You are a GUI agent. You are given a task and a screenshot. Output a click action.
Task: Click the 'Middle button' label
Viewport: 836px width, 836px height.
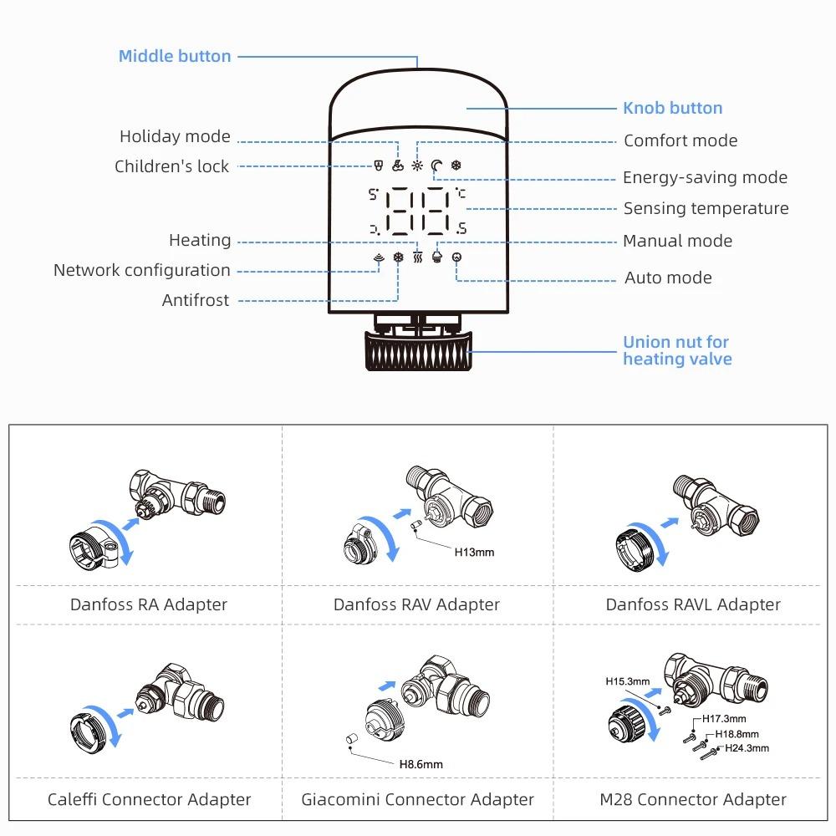pyautogui.click(x=175, y=57)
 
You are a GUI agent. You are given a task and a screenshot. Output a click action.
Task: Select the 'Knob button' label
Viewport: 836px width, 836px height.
pyautogui.click(x=672, y=108)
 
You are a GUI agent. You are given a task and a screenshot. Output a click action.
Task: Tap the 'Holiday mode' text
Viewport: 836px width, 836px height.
pyautogui.click(x=175, y=136)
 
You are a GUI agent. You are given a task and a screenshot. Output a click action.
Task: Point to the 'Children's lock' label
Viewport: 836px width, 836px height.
pyautogui.click(x=171, y=166)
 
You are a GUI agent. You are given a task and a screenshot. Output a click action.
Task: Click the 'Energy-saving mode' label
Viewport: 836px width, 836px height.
pyautogui.click(x=705, y=177)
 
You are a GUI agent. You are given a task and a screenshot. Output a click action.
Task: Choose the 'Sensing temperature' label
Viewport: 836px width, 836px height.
pyautogui.click(x=706, y=208)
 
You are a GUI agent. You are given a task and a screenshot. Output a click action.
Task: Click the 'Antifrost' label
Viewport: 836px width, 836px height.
pyautogui.click(x=196, y=300)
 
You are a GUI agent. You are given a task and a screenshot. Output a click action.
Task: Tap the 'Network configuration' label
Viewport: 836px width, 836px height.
pyautogui.click(x=142, y=270)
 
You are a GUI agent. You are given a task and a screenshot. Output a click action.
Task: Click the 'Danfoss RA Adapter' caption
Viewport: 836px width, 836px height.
pyautogui.click(x=149, y=604)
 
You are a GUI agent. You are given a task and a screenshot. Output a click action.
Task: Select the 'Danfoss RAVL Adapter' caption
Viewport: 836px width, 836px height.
pyautogui.click(x=693, y=604)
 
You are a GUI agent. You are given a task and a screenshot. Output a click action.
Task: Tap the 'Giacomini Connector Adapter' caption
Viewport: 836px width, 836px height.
pyautogui.click(x=417, y=800)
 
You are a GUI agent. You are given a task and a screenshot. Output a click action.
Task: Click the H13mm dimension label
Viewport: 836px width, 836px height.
pyautogui.click(x=474, y=552)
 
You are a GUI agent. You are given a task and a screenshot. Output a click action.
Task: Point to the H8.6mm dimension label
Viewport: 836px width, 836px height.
pyautogui.click(x=421, y=763)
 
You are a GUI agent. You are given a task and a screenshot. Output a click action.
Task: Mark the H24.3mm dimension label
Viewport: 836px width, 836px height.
pyautogui.click(x=746, y=748)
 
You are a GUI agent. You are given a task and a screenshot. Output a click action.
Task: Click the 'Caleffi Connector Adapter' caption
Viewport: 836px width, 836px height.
pyautogui.click(x=149, y=800)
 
